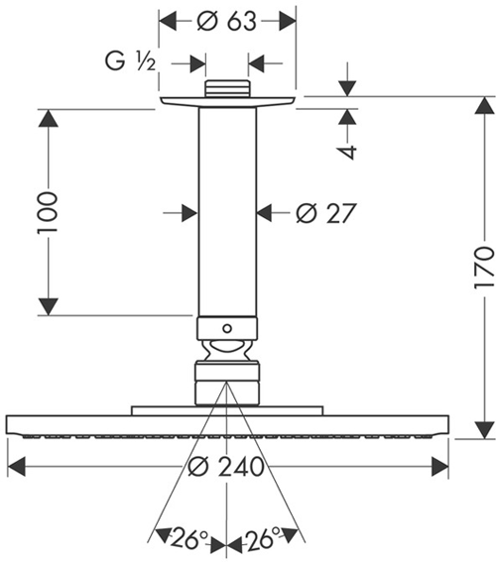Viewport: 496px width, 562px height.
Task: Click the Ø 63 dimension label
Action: point(227,21)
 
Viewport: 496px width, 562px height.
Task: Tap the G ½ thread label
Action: point(131,60)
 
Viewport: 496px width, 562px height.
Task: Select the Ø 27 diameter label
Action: point(326,213)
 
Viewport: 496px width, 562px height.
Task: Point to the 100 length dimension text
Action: point(48,212)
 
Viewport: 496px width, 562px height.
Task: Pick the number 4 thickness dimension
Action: point(347,152)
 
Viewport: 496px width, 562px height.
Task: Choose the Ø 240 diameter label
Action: point(226,467)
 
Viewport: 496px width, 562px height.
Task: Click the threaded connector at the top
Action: point(227,88)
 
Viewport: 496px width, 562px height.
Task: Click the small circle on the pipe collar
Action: point(227,328)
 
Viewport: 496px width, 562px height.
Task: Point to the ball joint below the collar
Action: point(227,351)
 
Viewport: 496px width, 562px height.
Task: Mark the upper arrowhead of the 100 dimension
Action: point(48,118)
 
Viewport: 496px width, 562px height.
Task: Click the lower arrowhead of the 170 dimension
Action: point(485,430)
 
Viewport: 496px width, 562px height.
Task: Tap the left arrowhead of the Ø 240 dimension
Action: point(16,467)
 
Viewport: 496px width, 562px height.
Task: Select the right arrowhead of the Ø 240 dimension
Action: point(439,467)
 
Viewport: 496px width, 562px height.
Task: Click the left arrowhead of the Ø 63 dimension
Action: point(168,21)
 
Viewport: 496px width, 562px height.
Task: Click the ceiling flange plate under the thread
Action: point(228,102)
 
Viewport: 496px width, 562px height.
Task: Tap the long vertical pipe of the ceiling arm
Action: point(227,212)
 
